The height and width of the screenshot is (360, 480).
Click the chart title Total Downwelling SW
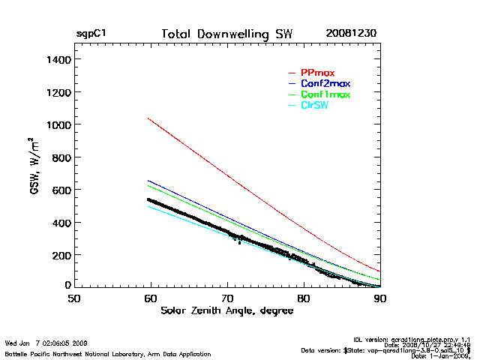click(x=227, y=34)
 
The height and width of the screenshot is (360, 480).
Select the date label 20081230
click(x=351, y=34)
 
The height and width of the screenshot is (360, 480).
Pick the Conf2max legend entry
click(x=325, y=83)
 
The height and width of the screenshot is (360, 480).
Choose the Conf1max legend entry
click(x=325, y=94)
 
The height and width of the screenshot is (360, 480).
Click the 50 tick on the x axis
click(x=73, y=298)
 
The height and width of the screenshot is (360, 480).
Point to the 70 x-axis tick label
click(x=227, y=298)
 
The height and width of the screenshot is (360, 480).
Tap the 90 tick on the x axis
click(x=380, y=298)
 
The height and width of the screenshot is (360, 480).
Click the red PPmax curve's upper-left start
click(x=148, y=118)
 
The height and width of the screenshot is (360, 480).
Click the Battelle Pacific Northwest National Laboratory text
click(x=108, y=353)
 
